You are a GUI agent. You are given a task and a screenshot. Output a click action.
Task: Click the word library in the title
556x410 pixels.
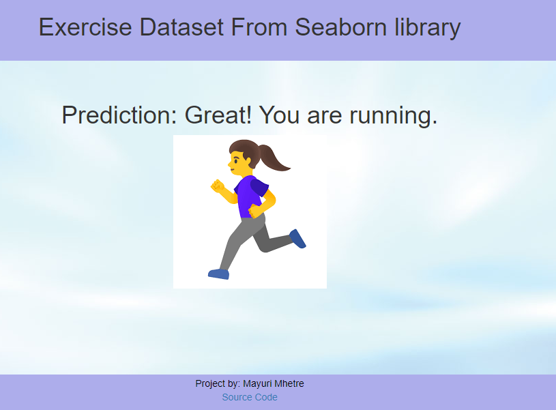(428, 28)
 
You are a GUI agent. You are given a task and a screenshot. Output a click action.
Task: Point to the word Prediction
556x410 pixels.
(119, 115)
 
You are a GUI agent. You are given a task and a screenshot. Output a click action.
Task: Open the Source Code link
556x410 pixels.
(250, 397)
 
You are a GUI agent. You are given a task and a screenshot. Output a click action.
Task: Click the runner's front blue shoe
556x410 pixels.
(219, 274)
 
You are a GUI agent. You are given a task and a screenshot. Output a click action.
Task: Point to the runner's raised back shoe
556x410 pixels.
(298, 238)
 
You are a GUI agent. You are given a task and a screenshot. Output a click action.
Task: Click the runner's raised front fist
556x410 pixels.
(218, 186)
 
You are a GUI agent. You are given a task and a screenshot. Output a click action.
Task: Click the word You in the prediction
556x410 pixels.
(280, 115)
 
